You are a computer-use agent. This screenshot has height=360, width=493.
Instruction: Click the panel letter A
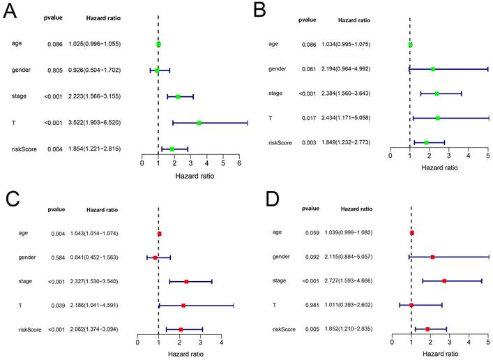click(15, 12)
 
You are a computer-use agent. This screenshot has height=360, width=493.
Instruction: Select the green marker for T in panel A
click(199, 123)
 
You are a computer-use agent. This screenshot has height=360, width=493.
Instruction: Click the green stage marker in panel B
click(437, 93)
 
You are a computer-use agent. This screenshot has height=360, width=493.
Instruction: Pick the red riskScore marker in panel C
click(181, 329)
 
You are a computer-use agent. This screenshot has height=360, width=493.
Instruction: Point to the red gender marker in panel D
click(432, 257)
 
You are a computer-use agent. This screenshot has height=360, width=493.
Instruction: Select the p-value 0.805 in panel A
click(56, 70)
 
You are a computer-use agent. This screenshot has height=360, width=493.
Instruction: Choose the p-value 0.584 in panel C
click(54, 258)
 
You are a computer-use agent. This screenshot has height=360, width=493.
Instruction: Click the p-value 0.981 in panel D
click(310, 305)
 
